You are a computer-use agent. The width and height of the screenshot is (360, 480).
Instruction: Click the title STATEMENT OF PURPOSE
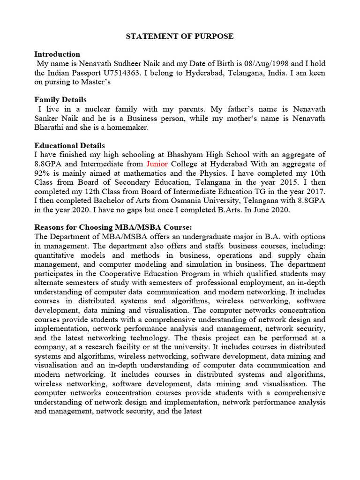[180, 36]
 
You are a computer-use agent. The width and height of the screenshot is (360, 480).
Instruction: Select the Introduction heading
[57, 54]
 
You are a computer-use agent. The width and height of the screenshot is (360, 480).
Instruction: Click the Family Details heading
[60, 100]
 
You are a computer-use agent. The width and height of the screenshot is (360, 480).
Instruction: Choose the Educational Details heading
[70, 145]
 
